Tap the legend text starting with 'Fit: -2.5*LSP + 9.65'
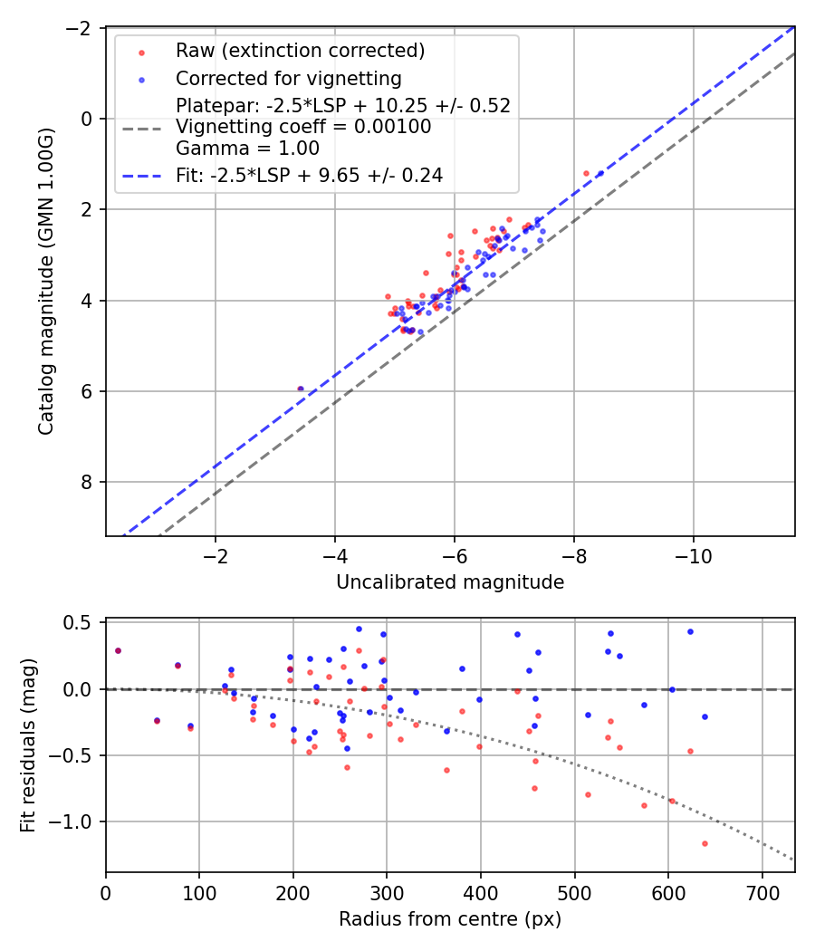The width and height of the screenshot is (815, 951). tap(309, 176)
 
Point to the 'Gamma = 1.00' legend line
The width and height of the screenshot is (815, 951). tap(247, 148)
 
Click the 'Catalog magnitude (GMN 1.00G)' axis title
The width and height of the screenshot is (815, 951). tap(46, 282)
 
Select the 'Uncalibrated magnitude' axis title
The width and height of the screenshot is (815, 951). tap(450, 582)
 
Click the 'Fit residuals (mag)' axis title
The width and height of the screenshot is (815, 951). tap(28, 744)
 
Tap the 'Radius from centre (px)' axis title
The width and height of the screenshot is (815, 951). tap(450, 919)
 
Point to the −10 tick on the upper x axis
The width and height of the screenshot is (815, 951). tap(693, 553)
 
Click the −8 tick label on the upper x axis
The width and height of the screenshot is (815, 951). tap(573, 553)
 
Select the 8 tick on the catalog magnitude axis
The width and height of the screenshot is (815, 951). tap(89, 482)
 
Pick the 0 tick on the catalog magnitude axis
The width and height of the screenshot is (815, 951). tap(89, 119)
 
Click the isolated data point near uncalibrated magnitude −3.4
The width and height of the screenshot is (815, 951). tap(301, 389)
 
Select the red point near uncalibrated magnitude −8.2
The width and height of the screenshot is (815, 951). tap(586, 173)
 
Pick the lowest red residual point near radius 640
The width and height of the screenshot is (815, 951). tap(705, 843)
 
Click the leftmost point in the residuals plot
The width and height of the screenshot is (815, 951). tap(118, 650)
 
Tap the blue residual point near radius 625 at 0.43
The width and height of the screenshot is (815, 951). tap(690, 631)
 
